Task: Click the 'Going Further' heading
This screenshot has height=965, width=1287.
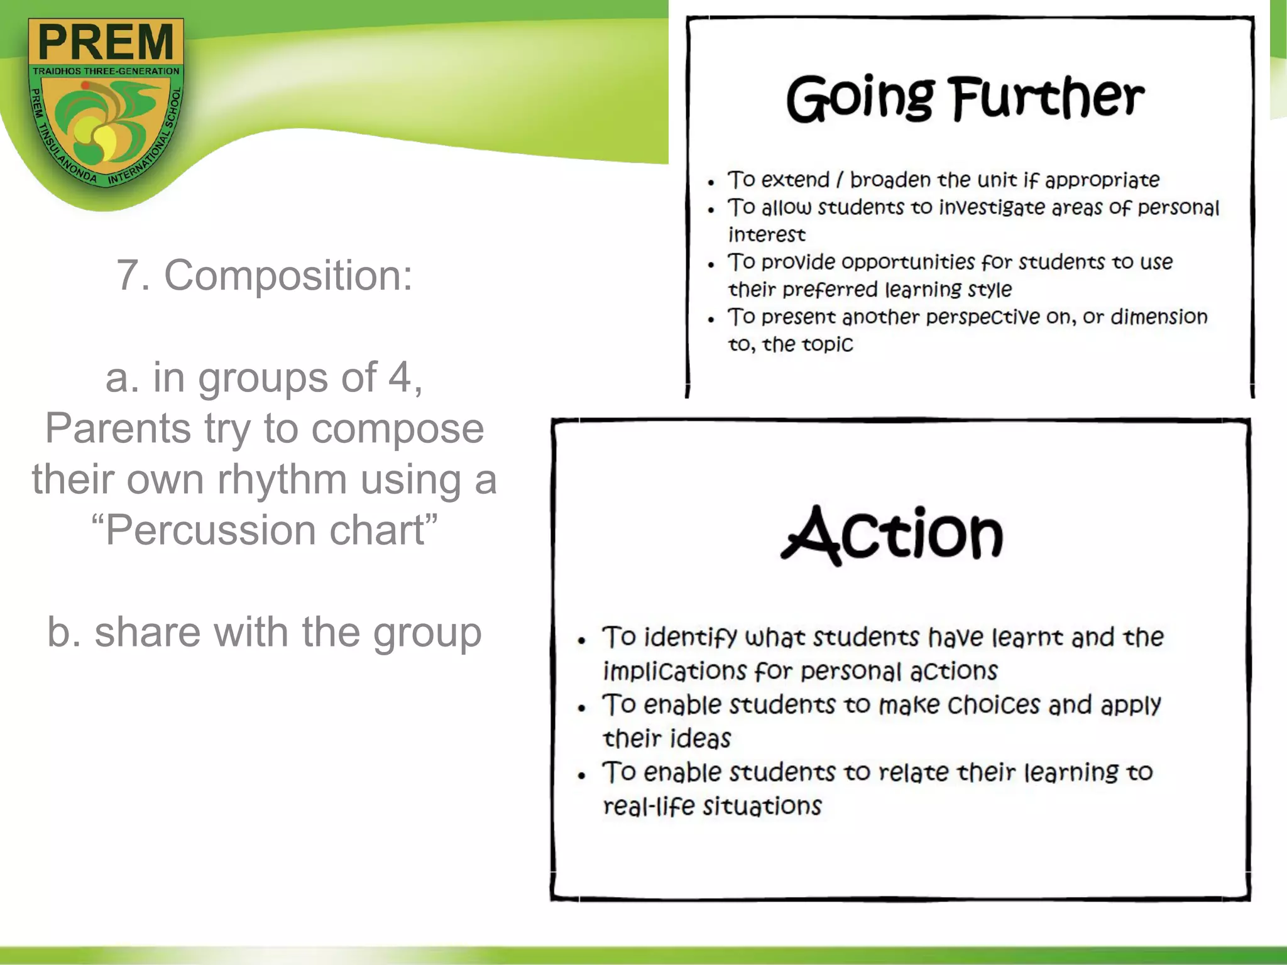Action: [965, 98]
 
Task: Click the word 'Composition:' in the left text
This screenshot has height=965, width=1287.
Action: [288, 275]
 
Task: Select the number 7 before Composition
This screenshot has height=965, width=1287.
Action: [128, 275]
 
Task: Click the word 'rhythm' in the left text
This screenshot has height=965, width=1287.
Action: [282, 479]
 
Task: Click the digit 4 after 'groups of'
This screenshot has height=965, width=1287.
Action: [400, 378]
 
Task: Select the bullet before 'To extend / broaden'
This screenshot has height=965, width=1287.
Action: [711, 183]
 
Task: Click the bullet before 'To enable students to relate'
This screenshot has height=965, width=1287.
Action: [582, 775]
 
